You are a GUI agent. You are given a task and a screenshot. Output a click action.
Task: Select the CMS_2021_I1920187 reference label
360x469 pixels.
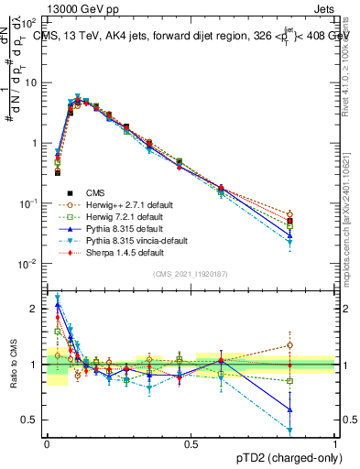coord(191,274)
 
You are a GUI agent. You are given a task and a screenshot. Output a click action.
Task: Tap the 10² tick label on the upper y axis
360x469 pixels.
coord(31,21)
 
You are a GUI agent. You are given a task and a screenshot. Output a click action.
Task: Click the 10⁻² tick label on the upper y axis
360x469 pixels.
coord(31,265)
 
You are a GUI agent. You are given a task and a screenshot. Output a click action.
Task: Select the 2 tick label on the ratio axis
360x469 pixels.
coord(36,309)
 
